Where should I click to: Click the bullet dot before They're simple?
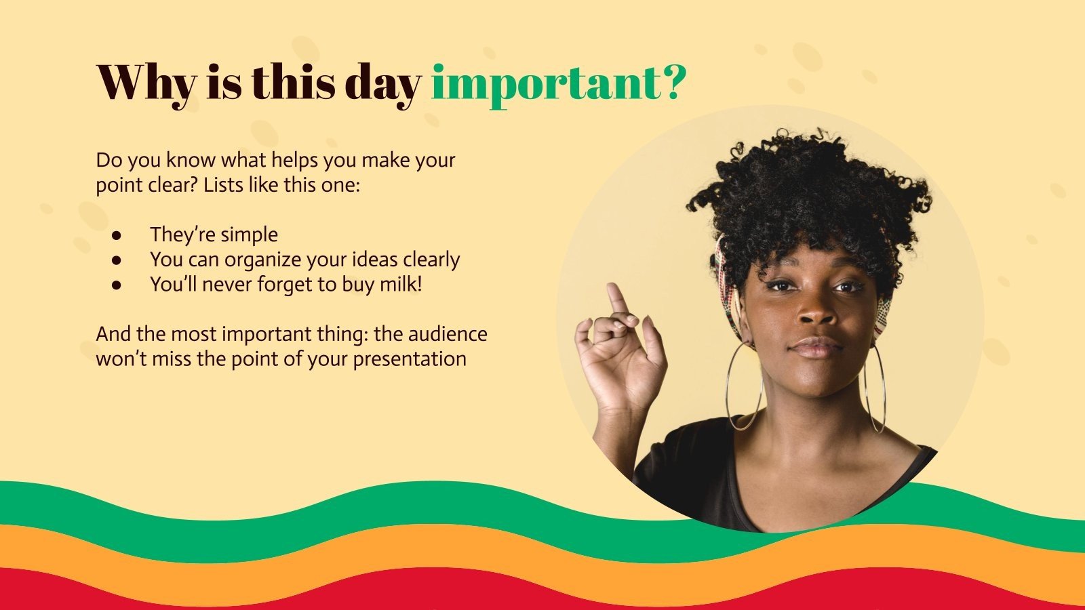click(x=117, y=235)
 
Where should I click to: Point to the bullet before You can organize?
click(x=117, y=260)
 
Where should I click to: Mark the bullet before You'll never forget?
click(x=117, y=285)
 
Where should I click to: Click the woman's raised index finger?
click(x=617, y=298)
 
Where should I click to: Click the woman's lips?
click(x=816, y=347)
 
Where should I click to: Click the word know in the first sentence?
click(x=189, y=160)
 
